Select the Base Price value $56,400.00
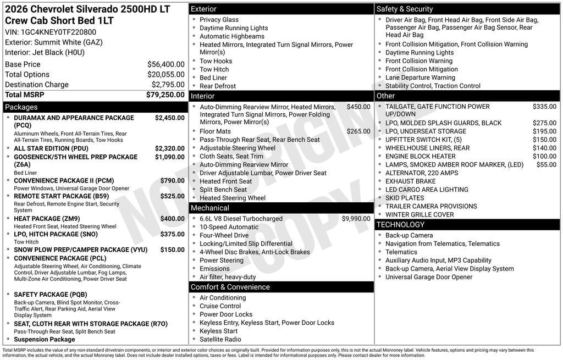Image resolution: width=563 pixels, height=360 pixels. click(x=165, y=64)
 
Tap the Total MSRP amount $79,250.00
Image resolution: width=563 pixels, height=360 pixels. click(x=165, y=95)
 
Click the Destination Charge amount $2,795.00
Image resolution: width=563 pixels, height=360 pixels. click(x=168, y=85)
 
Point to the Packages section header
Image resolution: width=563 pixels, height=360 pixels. click(x=21, y=107)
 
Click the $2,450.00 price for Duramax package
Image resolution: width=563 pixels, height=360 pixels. click(x=169, y=118)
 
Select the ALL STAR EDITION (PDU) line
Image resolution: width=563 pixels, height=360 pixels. click(x=51, y=148)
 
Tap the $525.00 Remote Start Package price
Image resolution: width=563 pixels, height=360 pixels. click(x=172, y=196)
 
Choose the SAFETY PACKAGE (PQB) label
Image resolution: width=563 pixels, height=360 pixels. click(x=50, y=295)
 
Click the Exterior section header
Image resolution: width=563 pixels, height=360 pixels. click(x=203, y=9)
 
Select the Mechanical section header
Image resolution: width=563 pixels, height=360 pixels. click(x=209, y=208)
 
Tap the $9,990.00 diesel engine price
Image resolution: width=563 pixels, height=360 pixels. click(x=356, y=219)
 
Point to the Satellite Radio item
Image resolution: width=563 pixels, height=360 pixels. click(x=220, y=339)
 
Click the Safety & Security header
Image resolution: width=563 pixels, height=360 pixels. click(x=405, y=9)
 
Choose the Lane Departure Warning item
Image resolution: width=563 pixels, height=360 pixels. click(x=420, y=77)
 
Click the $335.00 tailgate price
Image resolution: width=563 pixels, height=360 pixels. click(x=544, y=107)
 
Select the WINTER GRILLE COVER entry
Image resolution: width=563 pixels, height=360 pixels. click(x=420, y=215)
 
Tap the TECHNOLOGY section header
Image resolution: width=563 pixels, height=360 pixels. click(x=400, y=225)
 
